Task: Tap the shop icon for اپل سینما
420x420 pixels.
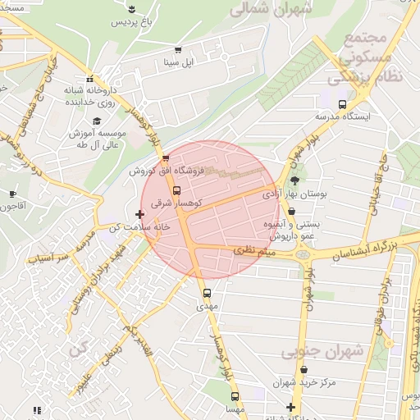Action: [178, 49]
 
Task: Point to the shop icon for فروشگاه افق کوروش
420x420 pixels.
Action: [167, 158]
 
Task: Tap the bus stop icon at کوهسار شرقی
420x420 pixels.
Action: [176, 190]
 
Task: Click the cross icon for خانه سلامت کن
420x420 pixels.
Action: [139, 214]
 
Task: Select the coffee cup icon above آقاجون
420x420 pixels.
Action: [12, 194]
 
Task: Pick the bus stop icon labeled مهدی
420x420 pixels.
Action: [206, 292]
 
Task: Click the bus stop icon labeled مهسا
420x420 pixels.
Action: [235, 395]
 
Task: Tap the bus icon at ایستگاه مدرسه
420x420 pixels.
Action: [342, 104]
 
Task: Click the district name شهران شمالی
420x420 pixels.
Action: [270, 9]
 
